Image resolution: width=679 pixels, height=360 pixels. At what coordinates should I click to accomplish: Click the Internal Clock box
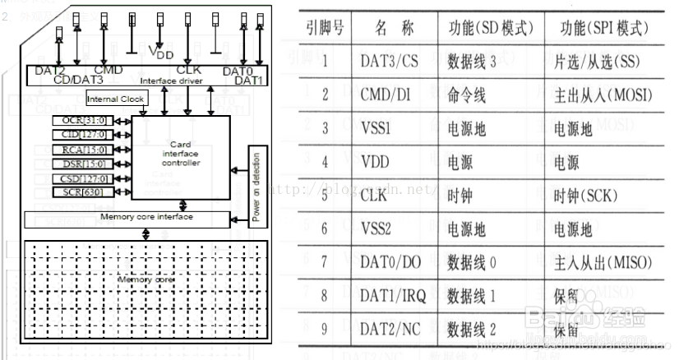point(117,99)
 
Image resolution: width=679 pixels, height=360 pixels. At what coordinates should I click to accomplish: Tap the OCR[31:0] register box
point(83,121)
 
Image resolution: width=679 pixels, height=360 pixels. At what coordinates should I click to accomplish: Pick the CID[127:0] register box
point(83,135)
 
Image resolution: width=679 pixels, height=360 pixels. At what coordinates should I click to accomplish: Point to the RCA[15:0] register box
point(83,149)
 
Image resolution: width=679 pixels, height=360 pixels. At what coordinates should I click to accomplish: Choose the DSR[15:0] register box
point(83,163)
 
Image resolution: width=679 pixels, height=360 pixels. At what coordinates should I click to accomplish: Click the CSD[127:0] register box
point(83,178)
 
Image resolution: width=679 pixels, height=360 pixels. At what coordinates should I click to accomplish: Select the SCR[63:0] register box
point(83,192)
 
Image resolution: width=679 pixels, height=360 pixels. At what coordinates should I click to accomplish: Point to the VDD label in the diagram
point(162,53)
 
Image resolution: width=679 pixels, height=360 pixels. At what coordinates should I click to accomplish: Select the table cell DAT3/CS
point(389,60)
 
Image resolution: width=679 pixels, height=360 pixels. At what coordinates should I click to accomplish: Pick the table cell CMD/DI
point(386,95)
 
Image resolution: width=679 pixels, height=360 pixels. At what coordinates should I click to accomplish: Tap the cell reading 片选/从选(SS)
point(597,60)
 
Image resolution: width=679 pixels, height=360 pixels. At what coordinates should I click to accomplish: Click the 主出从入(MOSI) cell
point(598,95)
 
